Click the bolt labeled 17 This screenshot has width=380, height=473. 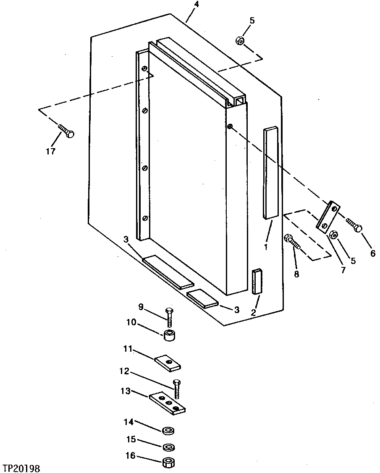tap(66, 131)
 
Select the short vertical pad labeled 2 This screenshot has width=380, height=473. tap(256, 282)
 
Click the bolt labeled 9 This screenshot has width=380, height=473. tap(169, 317)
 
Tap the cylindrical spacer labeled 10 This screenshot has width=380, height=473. tap(170, 337)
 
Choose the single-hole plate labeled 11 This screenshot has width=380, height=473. tap(168, 363)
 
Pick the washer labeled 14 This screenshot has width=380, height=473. tap(168, 431)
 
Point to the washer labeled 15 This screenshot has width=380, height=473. tap(168, 447)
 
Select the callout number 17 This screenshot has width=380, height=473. tap(50, 152)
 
